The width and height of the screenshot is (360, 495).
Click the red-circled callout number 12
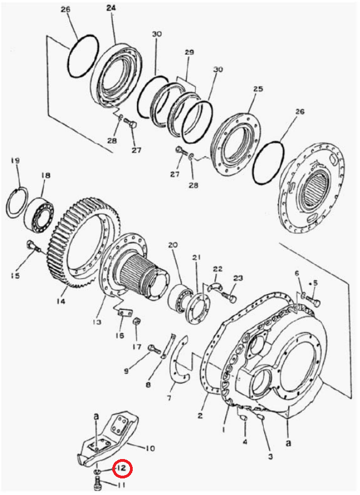(123, 467)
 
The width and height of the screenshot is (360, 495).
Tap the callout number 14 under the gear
(61, 301)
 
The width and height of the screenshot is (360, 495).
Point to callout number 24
(111, 8)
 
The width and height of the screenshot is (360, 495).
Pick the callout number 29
(189, 53)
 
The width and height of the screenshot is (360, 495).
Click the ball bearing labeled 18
(39, 212)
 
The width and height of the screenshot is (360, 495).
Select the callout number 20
(173, 244)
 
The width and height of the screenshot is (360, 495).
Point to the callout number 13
(97, 322)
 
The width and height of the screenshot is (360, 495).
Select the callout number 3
(270, 456)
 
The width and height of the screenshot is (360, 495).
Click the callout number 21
(196, 258)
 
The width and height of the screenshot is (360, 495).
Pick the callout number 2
(200, 415)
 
